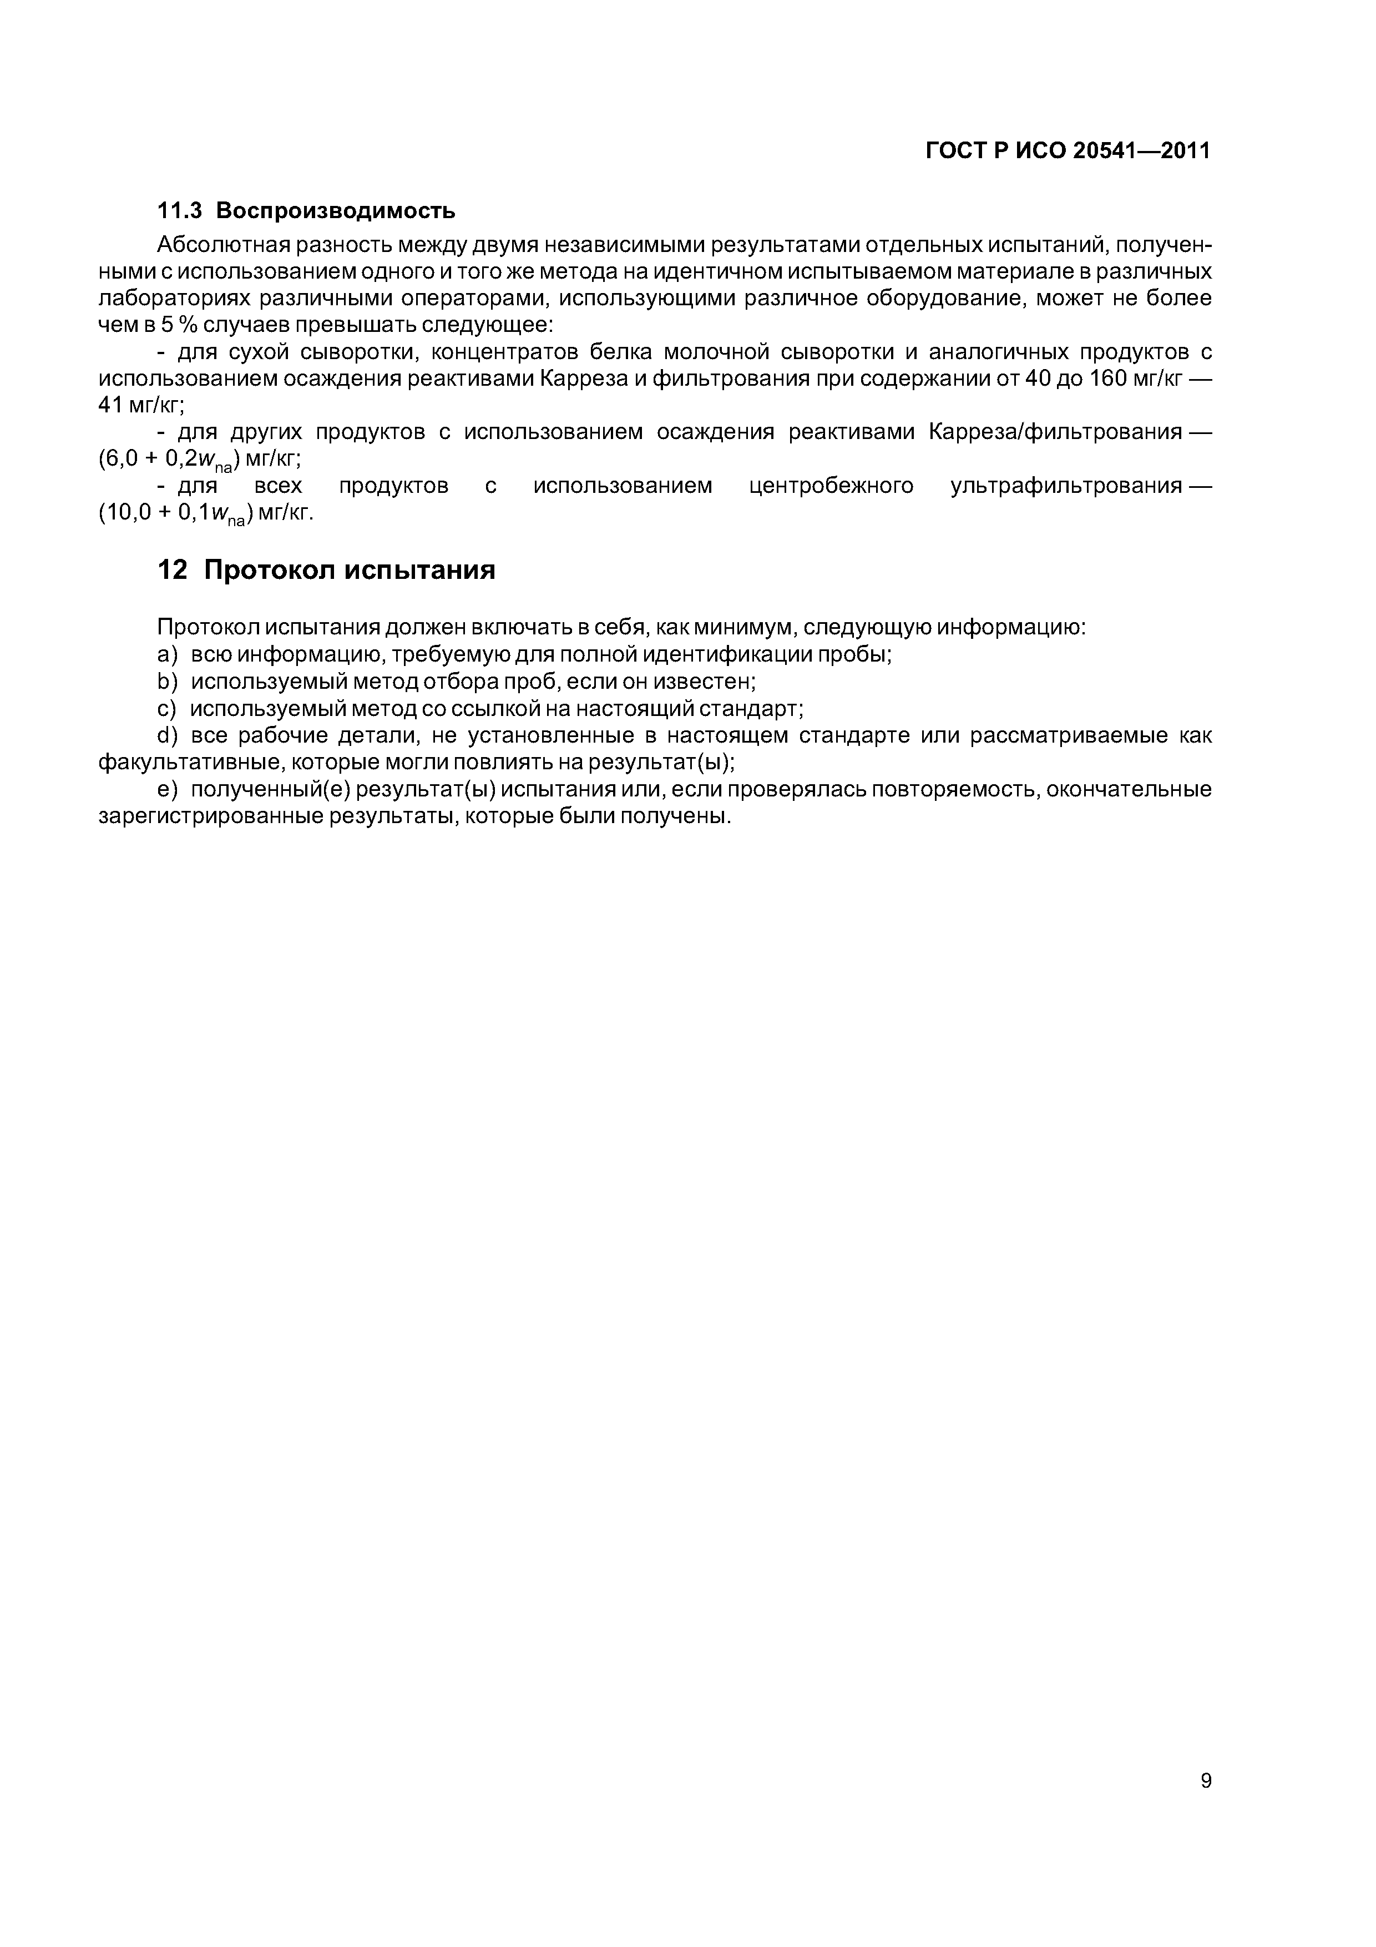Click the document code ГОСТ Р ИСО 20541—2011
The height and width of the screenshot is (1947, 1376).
[1068, 151]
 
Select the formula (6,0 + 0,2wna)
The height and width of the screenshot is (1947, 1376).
[170, 460]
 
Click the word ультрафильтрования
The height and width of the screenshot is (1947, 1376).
[1066, 486]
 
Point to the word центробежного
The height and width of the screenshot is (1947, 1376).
[831, 486]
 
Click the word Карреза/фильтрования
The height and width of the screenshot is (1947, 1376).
[1055, 432]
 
